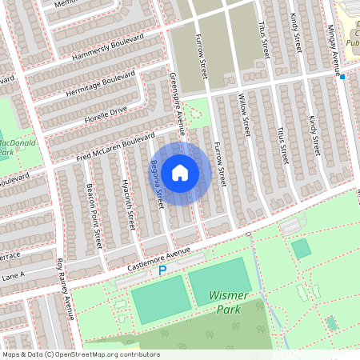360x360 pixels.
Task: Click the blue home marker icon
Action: pos(180,172)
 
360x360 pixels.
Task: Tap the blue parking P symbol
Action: pos(162,271)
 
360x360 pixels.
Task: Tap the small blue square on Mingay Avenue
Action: pos(342,77)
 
